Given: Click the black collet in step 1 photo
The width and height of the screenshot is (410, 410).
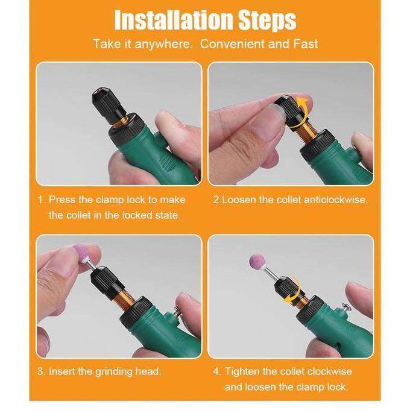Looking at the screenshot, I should click(x=106, y=102).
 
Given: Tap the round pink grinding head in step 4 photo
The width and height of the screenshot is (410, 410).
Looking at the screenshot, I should click(x=257, y=263).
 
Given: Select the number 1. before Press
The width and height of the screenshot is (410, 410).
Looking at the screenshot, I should click(x=41, y=200).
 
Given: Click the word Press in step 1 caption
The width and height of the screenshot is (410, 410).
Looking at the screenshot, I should click(x=61, y=200).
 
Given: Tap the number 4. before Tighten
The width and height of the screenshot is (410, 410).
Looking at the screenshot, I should click(x=216, y=371).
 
